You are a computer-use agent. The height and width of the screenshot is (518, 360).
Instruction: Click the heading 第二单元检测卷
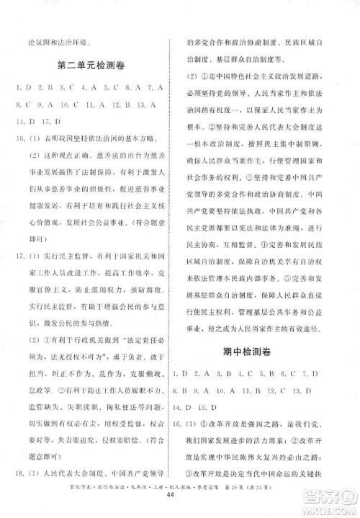click(91, 66)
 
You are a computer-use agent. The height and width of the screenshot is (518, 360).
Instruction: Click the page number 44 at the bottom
click(180, 506)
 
